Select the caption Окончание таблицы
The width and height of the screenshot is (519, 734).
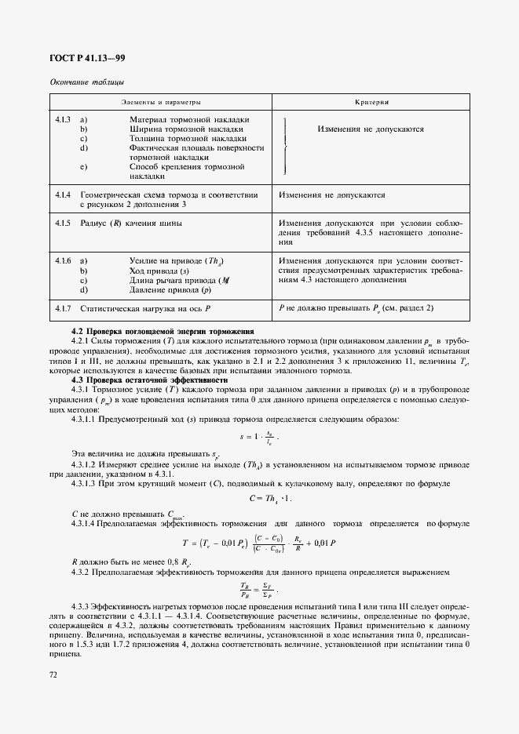86,82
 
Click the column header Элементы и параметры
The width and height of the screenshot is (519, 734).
161,103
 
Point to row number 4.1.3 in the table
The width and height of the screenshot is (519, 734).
63,119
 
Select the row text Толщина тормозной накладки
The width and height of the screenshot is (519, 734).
187,138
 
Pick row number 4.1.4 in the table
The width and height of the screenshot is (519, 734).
63,194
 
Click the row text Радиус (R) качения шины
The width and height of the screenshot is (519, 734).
131,223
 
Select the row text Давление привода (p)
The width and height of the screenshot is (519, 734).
170,289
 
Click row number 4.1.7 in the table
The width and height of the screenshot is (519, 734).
63,308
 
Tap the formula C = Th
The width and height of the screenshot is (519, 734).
270,497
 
